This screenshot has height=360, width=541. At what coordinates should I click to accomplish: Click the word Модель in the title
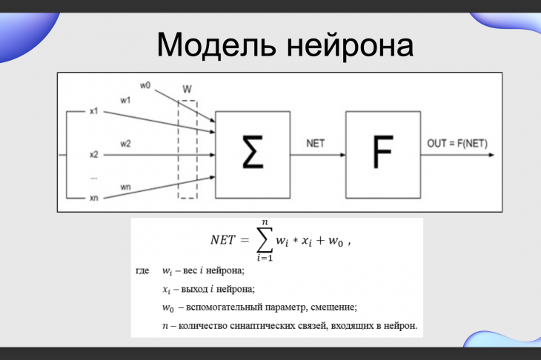[216, 45]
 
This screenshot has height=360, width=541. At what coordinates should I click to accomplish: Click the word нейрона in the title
[351, 45]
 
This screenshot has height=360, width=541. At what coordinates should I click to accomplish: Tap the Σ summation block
[253, 155]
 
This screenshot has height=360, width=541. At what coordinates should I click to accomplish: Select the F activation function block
[383, 155]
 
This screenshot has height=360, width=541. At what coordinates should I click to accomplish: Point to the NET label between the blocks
[316, 143]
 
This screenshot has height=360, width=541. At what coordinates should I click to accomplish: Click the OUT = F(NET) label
[457, 143]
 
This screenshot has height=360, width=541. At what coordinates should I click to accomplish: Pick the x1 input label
[94, 111]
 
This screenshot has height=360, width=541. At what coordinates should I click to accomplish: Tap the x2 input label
[94, 155]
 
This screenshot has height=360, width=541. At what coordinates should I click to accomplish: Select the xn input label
[94, 198]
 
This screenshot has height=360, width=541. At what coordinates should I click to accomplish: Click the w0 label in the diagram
[145, 85]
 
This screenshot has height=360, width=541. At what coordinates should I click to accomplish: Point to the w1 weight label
[125, 100]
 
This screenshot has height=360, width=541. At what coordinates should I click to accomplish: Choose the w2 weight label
[125, 144]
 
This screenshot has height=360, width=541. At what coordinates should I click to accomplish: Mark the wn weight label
[125, 187]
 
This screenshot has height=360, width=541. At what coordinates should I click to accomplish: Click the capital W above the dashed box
[187, 90]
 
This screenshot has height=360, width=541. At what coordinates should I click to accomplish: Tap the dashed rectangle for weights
[179, 150]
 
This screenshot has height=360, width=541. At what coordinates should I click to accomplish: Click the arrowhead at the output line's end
[491, 155]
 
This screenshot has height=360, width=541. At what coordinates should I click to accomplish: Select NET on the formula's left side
[223, 240]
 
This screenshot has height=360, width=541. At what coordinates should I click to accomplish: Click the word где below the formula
[142, 270]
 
